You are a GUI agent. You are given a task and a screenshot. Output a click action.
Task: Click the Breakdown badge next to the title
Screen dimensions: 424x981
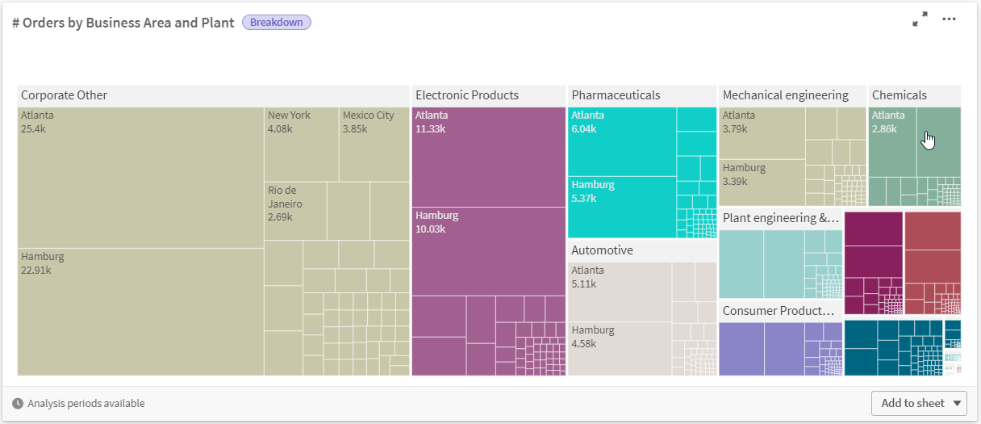point(276,23)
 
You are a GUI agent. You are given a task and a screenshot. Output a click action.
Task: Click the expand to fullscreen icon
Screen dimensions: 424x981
point(920,19)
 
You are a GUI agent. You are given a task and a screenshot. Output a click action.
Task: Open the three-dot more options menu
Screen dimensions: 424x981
point(949,19)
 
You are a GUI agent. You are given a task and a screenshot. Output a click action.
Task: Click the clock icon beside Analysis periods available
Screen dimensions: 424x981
point(18,404)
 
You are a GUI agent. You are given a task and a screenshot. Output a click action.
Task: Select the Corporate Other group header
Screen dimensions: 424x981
point(213,95)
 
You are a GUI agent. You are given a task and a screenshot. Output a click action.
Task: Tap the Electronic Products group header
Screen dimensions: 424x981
point(488,95)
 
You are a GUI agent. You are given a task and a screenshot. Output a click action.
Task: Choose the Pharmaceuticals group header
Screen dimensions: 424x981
point(641,95)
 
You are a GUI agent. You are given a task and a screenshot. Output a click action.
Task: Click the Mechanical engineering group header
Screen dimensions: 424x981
point(791,95)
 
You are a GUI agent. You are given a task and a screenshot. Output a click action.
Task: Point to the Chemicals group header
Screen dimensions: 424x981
point(914,95)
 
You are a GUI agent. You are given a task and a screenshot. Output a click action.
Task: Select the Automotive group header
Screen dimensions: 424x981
point(641,250)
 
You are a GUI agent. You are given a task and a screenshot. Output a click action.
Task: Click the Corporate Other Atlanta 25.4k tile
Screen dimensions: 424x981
point(140,178)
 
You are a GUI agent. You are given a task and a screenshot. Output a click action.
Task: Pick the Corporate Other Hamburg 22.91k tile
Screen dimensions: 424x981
point(140,312)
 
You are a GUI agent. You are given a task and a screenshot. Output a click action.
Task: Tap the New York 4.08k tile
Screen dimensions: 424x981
point(301,144)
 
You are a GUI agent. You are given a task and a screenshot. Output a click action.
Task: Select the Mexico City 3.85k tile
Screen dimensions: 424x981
point(374,144)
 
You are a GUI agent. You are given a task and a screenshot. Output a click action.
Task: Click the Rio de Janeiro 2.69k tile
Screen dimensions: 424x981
point(295,211)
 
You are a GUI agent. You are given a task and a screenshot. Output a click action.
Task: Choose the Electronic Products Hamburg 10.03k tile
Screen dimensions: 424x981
point(488,251)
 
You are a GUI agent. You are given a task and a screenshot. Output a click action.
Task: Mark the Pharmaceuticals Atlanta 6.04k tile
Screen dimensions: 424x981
point(621,141)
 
